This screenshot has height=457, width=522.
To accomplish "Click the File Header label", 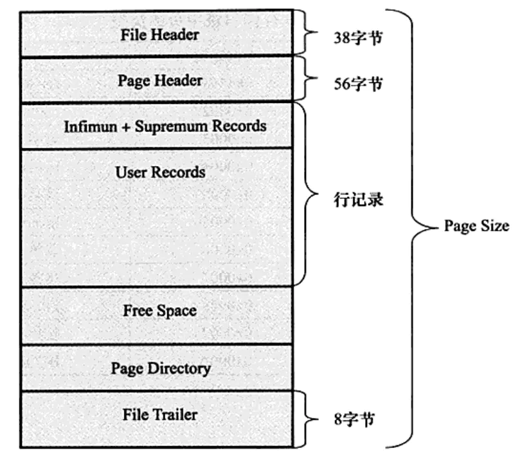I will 159,34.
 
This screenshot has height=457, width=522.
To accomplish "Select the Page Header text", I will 159,80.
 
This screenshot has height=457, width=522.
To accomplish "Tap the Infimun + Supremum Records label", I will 165,126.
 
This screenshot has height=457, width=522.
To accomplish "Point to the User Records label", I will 160,172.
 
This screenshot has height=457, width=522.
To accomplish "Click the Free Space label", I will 159,311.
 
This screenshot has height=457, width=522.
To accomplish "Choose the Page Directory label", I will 160,368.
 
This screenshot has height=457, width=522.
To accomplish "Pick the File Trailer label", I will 159,415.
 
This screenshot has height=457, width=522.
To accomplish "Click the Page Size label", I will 476,226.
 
